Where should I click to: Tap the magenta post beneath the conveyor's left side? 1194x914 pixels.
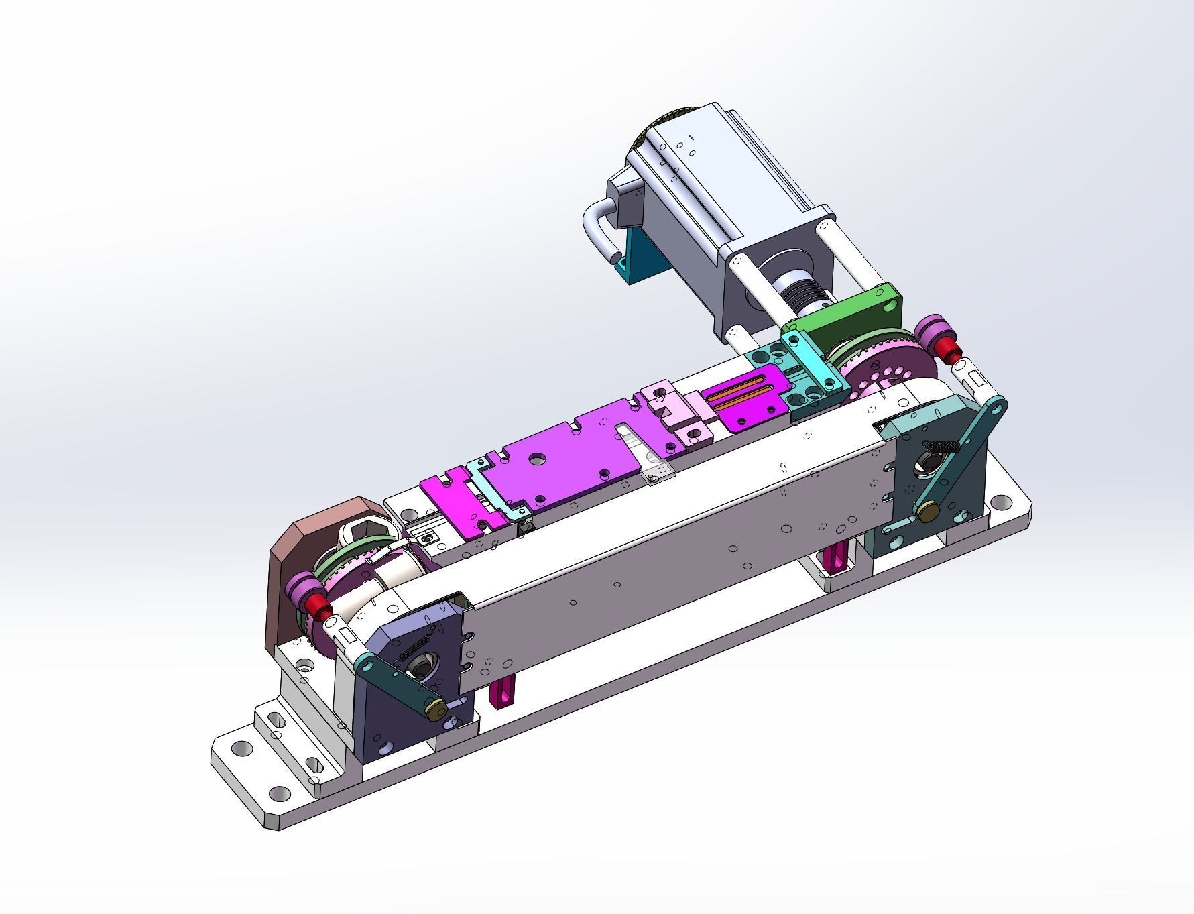502,693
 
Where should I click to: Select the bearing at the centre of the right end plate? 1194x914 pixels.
929,463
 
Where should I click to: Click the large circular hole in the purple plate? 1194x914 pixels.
537,458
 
